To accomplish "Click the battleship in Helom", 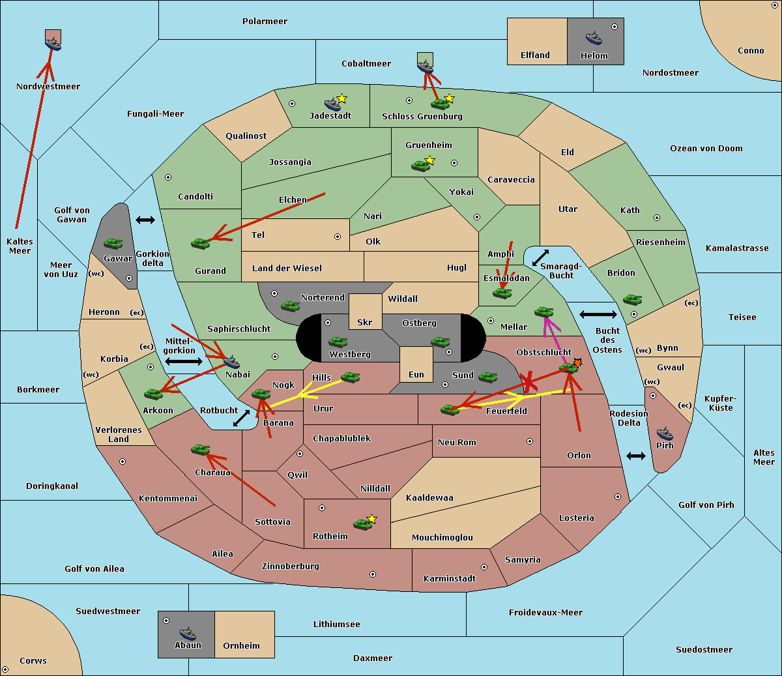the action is pyautogui.click(x=594, y=38).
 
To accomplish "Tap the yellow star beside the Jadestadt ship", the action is pyautogui.click(x=341, y=98).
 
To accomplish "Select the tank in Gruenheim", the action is pyautogui.click(x=420, y=166).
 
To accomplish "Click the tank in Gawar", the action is pyautogui.click(x=113, y=243).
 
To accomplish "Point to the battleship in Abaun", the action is pyautogui.click(x=188, y=633).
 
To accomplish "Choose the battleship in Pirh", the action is pyautogui.click(x=665, y=434).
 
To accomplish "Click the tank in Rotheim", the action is pyautogui.click(x=362, y=524).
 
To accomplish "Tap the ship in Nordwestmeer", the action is pyautogui.click(x=53, y=43).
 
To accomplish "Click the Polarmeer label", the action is pyautogui.click(x=265, y=22).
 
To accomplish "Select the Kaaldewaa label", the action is pyautogui.click(x=429, y=498).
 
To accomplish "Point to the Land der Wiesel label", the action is pyautogui.click(x=287, y=269).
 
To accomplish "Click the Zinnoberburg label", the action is pyautogui.click(x=291, y=566).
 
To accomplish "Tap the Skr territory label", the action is pyautogui.click(x=365, y=322).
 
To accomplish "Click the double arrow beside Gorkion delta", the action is pyautogui.click(x=145, y=220).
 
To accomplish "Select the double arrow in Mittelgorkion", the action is pyautogui.click(x=184, y=361).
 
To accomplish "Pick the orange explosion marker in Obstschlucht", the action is pyautogui.click(x=577, y=362).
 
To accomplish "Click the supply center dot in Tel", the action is pyautogui.click(x=338, y=237).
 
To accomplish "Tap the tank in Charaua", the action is pyautogui.click(x=200, y=450).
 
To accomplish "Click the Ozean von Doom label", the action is pyautogui.click(x=706, y=149).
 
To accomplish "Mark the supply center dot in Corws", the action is pyautogui.click(x=5, y=669).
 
